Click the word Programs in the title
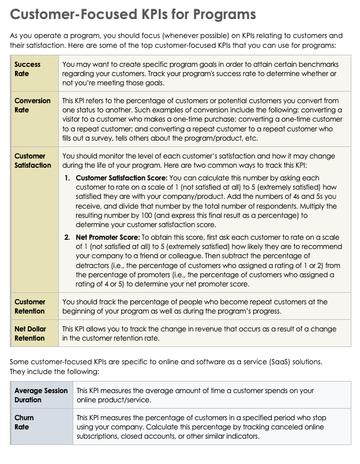222,14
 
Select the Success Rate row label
27,69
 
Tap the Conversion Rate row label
32,105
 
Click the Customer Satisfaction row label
32,160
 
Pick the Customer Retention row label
30,306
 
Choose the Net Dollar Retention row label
30,334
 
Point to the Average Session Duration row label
40,395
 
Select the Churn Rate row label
24,422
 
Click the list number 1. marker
67,178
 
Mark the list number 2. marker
67,237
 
